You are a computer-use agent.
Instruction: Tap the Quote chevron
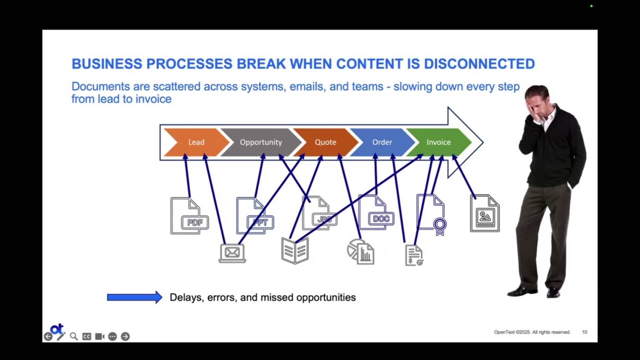(x=325, y=142)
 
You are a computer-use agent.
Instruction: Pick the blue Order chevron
(x=382, y=142)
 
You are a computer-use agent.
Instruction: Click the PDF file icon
(x=189, y=216)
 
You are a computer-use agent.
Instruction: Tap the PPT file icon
(x=254, y=216)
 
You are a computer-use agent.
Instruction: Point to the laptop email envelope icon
(x=232, y=253)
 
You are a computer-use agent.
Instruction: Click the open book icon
(x=295, y=251)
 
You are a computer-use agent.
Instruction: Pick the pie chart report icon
(x=360, y=252)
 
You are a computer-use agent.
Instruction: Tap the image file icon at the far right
(x=485, y=214)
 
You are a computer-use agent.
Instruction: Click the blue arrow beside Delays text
(x=134, y=297)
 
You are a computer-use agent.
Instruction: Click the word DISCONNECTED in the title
(x=479, y=64)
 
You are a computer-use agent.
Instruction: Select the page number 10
(x=585, y=332)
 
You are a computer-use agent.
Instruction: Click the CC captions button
(x=87, y=337)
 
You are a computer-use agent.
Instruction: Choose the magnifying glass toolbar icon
(x=74, y=337)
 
